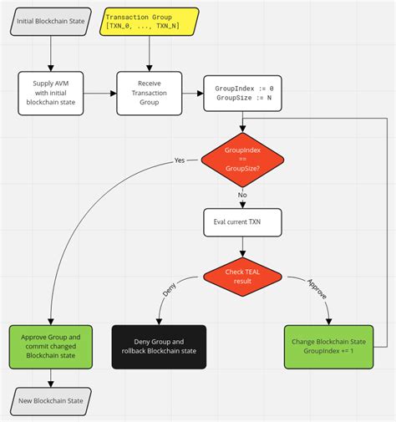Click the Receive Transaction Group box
[x=150, y=93]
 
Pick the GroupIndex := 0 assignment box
[x=242, y=93]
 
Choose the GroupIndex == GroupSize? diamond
[x=242, y=160]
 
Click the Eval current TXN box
[x=242, y=221]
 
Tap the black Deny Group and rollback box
[x=160, y=347]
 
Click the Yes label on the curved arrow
[x=180, y=160]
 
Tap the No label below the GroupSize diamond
[x=243, y=195]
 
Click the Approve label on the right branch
[x=317, y=290]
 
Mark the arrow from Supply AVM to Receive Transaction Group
[x=100, y=93]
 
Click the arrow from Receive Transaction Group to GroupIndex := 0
[x=193, y=93]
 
